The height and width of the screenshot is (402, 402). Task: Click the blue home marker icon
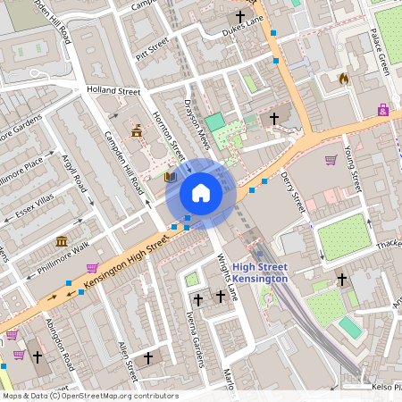(x=201, y=193)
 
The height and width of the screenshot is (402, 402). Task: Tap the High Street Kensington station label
(x=260, y=272)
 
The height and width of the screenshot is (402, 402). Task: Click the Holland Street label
(x=113, y=91)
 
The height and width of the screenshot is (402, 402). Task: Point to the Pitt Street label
(x=152, y=46)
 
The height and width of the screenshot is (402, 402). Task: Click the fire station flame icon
(x=344, y=79)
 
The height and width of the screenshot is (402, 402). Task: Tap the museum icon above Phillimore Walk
(x=63, y=242)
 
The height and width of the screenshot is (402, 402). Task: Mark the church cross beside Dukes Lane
(x=239, y=16)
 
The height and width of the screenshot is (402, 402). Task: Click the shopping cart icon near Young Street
(x=331, y=161)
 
